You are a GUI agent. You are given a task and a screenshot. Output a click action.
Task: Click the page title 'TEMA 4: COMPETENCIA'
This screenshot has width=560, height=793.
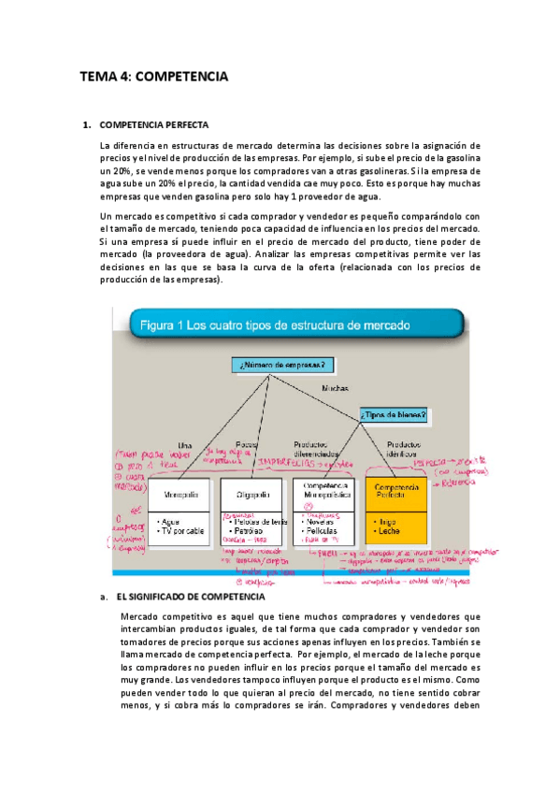[153, 79]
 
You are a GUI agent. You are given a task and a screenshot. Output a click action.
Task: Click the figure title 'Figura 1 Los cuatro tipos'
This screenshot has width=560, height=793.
[275, 326]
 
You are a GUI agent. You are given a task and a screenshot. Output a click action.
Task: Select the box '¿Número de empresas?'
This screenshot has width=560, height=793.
[282, 364]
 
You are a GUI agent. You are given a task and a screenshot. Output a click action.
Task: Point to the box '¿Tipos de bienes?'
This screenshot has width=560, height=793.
[394, 414]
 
